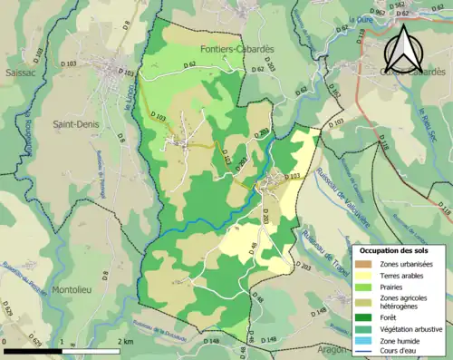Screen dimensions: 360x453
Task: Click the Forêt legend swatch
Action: (363, 317)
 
